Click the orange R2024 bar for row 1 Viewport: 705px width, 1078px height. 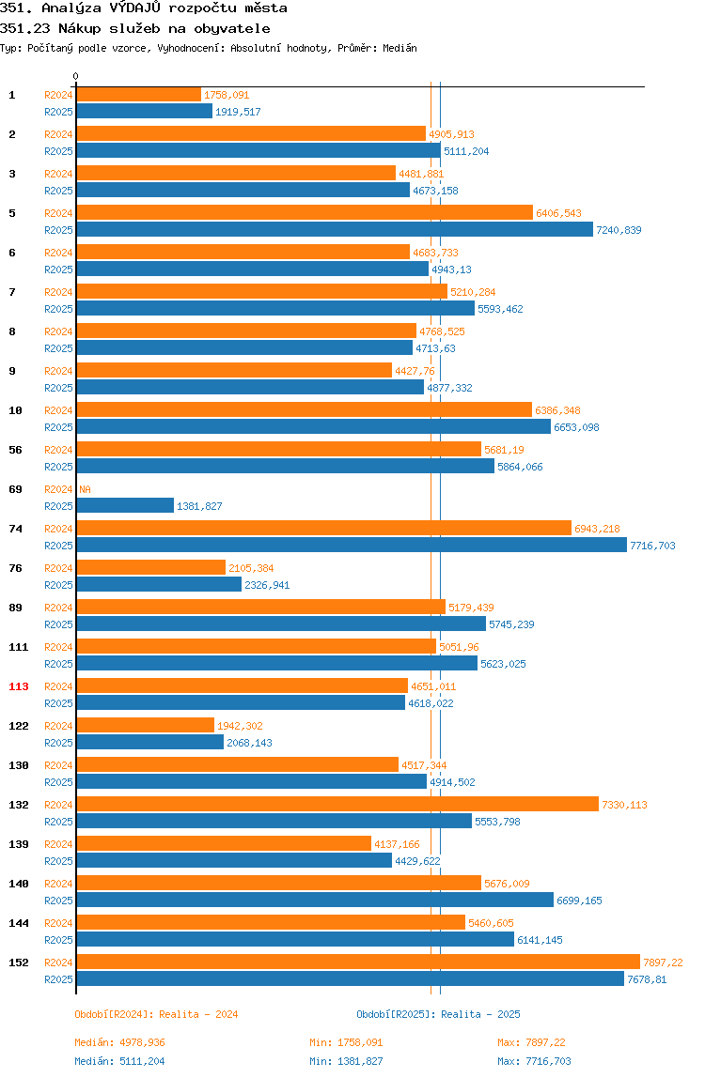(x=138, y=95)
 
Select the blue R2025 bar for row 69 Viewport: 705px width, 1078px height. (x=125, y=505)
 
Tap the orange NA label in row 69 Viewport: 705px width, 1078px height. (x=86, y=489)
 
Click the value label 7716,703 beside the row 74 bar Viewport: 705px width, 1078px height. (x=652, y=546)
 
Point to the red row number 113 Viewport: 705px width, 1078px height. (x=19, y=686)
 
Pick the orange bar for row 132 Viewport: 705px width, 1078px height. (x=337, y=805)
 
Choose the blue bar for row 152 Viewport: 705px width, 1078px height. (x=351, y=979)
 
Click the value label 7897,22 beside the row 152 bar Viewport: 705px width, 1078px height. (x=663, y=962)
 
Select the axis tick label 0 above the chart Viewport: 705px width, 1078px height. (x=76, y=76)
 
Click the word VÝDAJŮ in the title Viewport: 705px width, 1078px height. (x=135, y=8)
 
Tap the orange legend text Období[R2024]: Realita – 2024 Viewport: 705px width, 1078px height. (x=156, y=1014)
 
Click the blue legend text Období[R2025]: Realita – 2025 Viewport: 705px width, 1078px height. (x=439, y=1014)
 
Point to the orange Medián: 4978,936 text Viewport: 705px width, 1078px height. (x=119, y=1042)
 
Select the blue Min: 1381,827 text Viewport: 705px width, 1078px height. (x=346, y=1061)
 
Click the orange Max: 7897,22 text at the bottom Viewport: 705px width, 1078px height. (x=531, y=1042)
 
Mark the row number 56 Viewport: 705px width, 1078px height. (x=15, y=451)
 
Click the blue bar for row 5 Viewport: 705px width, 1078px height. (x=335, y=230)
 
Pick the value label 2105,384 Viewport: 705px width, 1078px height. (x=251, y=568)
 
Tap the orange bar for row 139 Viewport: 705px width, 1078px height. (x=224, y=844)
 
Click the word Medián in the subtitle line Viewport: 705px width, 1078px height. (x=400, y=48)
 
